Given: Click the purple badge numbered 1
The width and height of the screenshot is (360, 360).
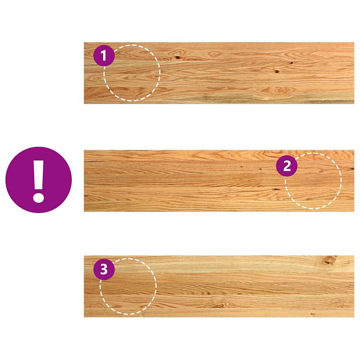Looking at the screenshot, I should click(104, 56).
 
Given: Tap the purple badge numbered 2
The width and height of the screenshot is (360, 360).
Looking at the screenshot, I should click(287, 166).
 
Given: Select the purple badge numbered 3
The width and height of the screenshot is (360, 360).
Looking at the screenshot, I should click(104, 270).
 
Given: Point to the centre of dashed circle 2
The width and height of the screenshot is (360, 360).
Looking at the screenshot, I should click(313, 181).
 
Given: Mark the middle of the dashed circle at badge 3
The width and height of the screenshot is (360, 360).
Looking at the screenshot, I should click(128, 286).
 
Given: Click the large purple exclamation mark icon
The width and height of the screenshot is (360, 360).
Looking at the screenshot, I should click(39, 180).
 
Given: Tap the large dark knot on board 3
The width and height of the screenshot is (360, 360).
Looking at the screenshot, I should click(329, 261).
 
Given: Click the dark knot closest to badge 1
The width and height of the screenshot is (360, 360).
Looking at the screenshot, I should click(178, 57).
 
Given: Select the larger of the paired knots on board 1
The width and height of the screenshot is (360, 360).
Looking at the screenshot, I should click(277, 71).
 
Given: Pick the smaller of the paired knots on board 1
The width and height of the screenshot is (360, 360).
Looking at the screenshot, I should click(291, 63).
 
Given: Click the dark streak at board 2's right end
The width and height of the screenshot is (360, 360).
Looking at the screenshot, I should click(351, 169).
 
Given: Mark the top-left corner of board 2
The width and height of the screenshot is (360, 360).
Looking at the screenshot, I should click(84, 151).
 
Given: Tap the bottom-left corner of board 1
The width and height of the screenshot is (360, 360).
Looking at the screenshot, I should click(84, 103).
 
